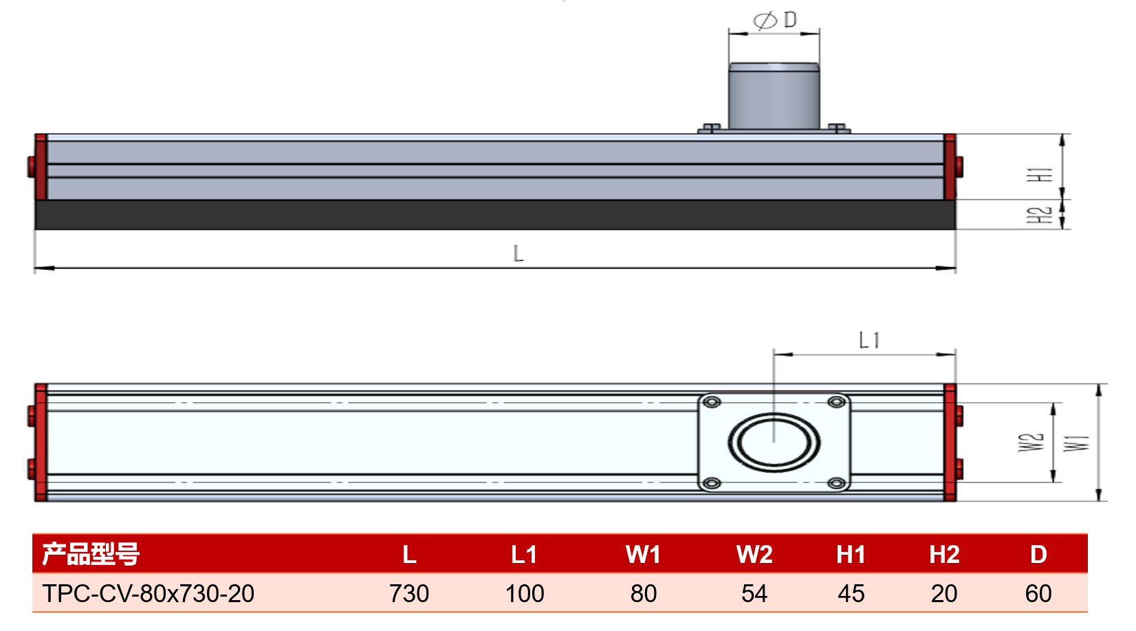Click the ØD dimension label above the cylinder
pos(774,20)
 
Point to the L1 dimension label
pos(869,340)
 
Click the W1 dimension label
pos(1076,443)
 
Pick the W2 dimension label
pos(1031,442)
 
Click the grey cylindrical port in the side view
pos(774,96)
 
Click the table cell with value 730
pos(408,593)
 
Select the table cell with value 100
pos(525,593)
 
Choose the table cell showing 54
pos(754,593)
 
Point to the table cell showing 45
pos(851,593)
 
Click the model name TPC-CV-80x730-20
pos(148,593)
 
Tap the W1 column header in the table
pos(643,555)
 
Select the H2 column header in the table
pos(943,555)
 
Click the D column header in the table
pos(1038,555)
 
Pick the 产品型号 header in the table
pos(91,554)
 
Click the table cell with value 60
pos(1038,593)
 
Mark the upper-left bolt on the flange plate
pos(712,402)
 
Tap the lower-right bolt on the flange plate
pos(836,483)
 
